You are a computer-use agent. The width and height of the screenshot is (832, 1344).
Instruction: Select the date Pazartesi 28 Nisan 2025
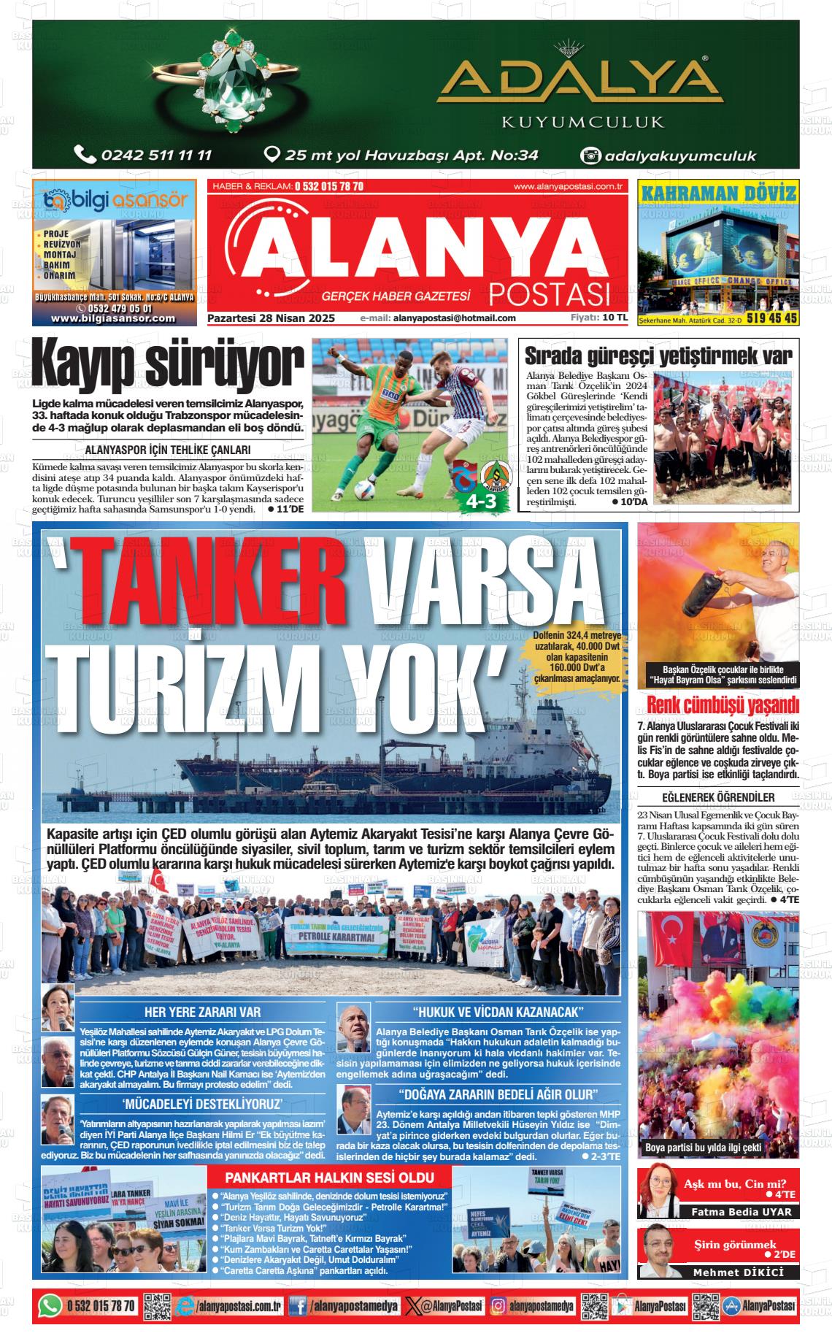[x=271, y=318]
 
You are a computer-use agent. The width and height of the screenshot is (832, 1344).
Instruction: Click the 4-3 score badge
[x=481, y=502]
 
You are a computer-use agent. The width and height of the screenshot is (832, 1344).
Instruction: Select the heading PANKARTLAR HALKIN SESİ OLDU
[x=329, y=1178]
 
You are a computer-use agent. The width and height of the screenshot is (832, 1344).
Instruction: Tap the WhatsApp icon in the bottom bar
[x=50, y=1305]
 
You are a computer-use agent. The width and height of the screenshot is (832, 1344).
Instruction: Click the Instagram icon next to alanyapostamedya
[x=498, y=1305]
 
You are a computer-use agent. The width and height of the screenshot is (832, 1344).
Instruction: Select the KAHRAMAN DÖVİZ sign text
[x=718, y=193]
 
